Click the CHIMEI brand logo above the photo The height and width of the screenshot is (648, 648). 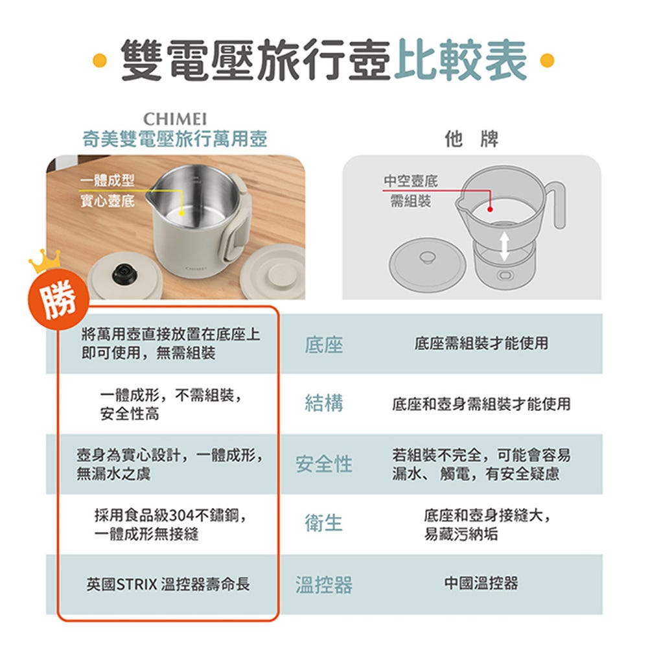(175, 119)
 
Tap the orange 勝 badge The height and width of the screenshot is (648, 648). (58, 299)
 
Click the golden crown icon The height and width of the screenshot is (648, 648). (44, 261)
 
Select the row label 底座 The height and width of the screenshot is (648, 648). (324, 345)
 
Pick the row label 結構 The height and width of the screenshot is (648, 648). (324, 403)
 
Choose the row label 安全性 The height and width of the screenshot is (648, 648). (324, 464)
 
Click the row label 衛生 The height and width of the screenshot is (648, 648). (324, 523)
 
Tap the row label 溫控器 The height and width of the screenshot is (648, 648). (324, 584)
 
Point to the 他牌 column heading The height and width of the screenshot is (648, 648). (472, 139)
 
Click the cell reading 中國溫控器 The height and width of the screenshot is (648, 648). (481, 583)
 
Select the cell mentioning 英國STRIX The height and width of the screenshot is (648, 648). (168, 584)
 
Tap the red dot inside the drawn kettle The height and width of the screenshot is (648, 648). (490, 209)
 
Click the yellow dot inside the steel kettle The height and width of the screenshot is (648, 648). (181, 213)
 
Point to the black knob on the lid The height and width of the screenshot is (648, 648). (122, 273)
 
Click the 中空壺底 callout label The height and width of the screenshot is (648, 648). (411, 181)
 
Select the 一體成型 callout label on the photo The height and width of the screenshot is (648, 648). (108, 180)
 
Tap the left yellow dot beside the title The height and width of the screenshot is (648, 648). (100, 60)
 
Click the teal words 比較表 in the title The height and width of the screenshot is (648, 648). (460, 60)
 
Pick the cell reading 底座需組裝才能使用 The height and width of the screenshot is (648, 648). (481, 343)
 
